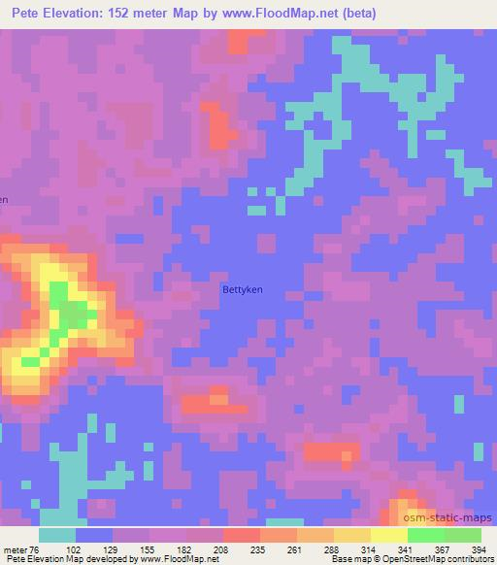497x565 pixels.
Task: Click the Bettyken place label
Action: [x=243, y=288]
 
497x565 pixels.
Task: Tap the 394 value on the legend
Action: [x=478, y=548]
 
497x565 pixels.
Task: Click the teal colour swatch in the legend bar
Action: [x=57, y=535]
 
